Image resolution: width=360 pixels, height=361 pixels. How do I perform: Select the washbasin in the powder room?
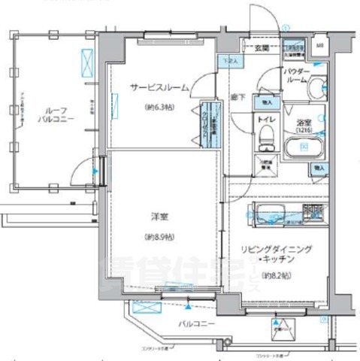[x=318, y=84]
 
